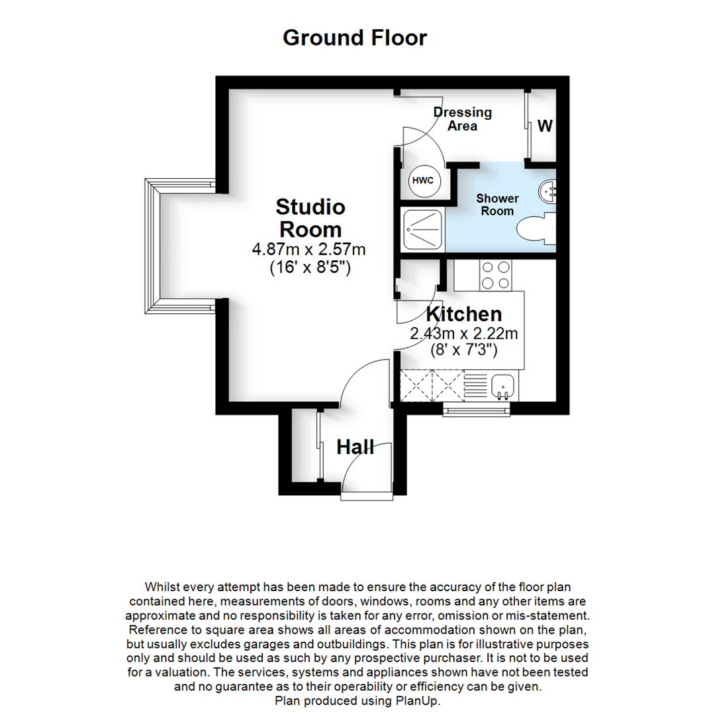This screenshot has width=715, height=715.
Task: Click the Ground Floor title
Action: pos(355,38)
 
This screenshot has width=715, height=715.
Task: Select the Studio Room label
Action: pos(310,218)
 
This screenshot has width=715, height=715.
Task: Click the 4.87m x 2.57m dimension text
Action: pos(309,250)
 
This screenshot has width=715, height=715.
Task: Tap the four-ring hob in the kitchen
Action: pos(495,275)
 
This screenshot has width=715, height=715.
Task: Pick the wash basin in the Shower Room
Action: pos(549,191)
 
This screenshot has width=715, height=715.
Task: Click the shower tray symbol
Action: pos(422,229)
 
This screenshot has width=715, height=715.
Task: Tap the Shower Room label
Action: pos(498,205)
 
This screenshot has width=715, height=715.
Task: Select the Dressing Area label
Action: pos(463,119)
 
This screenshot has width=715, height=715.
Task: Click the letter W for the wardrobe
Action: pos(545,126)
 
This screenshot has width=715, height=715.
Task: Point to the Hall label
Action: pos(356,448)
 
